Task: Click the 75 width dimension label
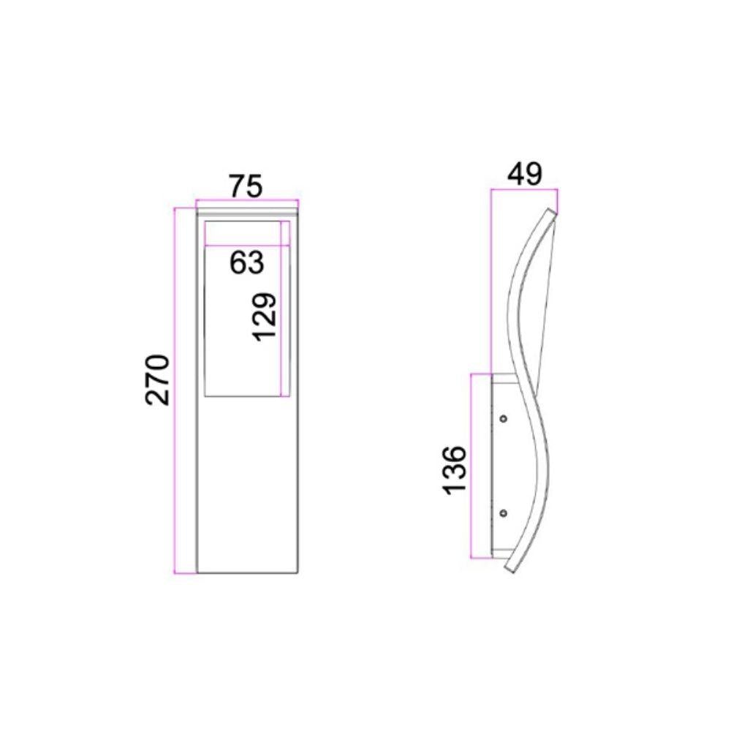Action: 246,186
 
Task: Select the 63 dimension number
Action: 246,262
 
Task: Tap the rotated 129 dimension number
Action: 265,317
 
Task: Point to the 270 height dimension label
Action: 157,380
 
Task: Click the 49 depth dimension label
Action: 524,175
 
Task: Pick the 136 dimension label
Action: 454,470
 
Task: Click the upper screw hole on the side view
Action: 503,419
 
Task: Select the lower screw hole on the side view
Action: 503,513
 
